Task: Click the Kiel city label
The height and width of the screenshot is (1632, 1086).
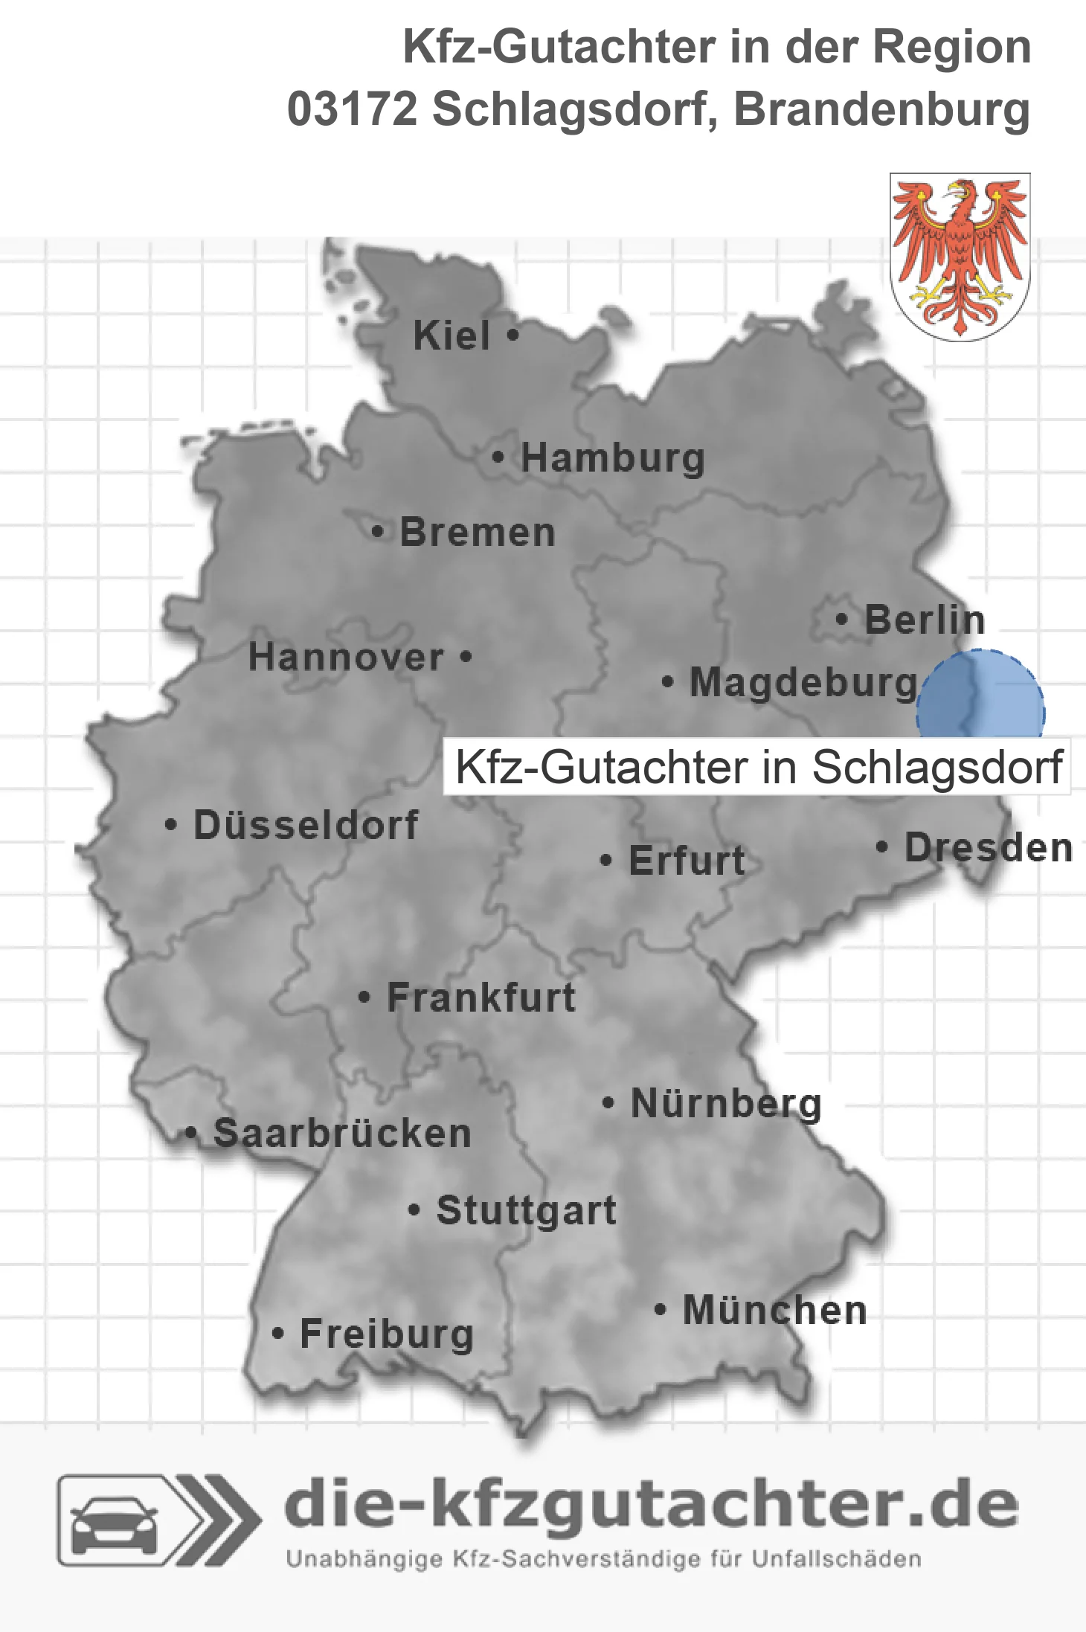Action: coord(452,335)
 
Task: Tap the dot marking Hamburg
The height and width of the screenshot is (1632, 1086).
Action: coord(498,457)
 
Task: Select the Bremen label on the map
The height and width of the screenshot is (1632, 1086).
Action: coord(478,533)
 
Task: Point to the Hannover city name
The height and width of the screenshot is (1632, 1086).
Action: coord(346,658)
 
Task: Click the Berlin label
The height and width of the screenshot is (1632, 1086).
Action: coord(925,620)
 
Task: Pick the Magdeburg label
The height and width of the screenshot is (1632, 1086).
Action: coord(803,683)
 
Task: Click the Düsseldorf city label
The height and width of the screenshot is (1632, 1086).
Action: coord(306,825)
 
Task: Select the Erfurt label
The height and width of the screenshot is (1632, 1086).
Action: coord(687,861)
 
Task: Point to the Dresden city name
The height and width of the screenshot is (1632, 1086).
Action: coord(989,848)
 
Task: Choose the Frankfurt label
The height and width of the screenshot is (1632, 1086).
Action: coord(481,997)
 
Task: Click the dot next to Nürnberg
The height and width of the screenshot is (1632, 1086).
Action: coord(608,1102)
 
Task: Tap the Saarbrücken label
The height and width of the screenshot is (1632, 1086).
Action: coord(342,1134)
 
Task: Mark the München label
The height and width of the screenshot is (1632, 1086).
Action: coord(775,1310)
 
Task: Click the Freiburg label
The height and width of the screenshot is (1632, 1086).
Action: coord(387,1334)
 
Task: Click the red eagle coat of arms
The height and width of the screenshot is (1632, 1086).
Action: coord(960,257)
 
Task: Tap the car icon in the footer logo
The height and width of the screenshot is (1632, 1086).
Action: coord(114,1520)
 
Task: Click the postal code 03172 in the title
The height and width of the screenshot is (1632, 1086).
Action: coord(353,109)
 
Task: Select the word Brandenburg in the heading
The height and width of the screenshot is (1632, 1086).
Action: coord(882,109)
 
